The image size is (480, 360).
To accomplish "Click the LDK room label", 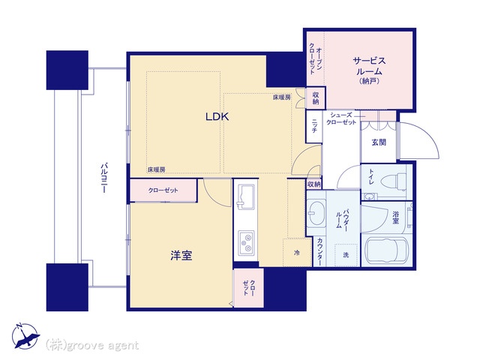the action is pyautogui.click(x=217, y=117).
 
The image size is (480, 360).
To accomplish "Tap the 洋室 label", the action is pyautogui.click(x=181, y=255).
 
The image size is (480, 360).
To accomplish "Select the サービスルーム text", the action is pyautogui.click(x=369, y=66).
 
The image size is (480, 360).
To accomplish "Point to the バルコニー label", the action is pyautogui.click(x=103, y=178).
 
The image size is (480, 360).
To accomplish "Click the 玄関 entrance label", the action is pyautogui.click(x=379, y=142).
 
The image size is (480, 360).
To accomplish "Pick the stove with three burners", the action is pyautogui.click(x=246, y=242).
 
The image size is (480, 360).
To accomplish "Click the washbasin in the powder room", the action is pyautogui.click(x=316, y=213).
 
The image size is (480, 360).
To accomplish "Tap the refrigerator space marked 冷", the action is pyautogui.click(x=297, y=253).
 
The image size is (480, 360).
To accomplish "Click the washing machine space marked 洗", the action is pyautogui.click(x=346, y=255).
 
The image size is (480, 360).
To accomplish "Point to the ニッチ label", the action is pyautogui.click(x=314, y=126).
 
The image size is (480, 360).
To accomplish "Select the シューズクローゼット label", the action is pyautogui.click(x=341, y=118).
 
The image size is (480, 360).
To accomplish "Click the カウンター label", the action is pyautogui.click(x=319, y=252).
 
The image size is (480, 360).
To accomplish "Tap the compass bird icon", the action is pyautogui.click(x=25, y=336).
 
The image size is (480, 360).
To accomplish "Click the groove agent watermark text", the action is pyautogui.click(x=92, y=345).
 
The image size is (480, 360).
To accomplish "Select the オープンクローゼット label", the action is pyautogui.click(x=315, y=58).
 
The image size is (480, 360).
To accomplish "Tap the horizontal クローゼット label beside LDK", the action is pyautogui.click(x=163, y=190).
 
